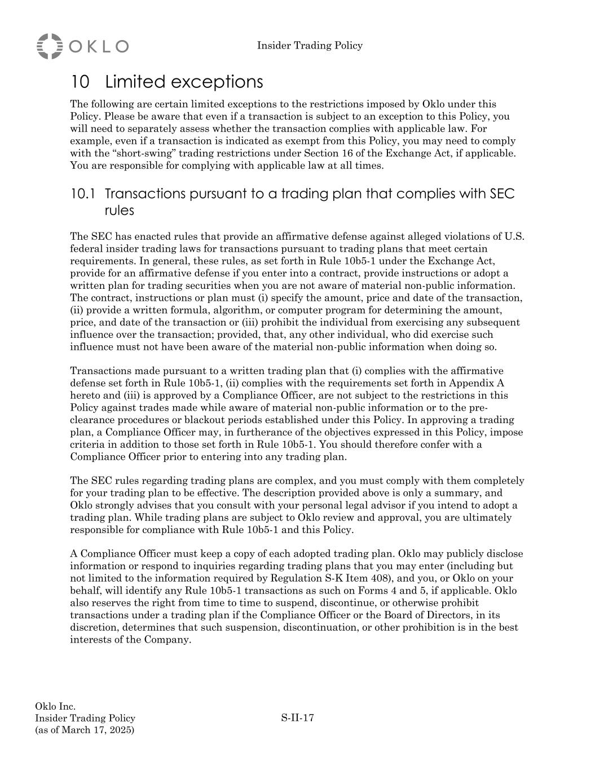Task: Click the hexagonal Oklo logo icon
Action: pyautogui.click(x=49, y=46)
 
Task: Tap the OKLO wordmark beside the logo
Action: pyautogui.click(x=99, y=46)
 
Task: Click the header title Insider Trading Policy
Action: pyautogui.click(x=310, y=46)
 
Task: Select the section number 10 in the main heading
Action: pyautogui.click(x=80, y=82)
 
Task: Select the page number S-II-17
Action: pyautogui.click(x=297, y=718)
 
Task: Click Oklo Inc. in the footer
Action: pyautogui.click(x=55, y=706)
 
